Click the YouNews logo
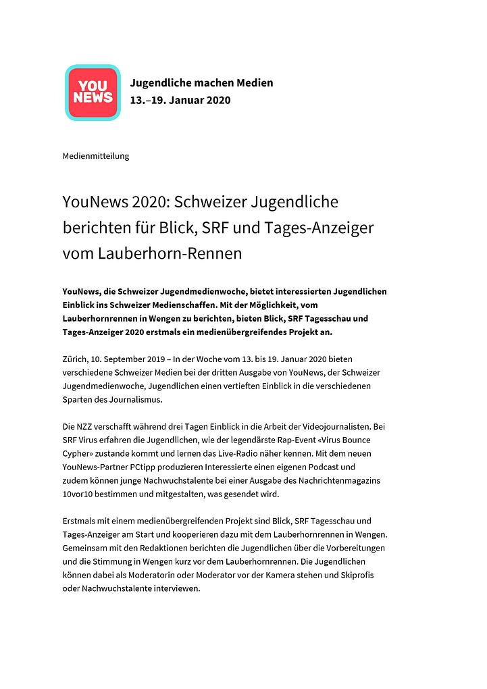92,93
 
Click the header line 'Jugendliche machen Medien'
201,83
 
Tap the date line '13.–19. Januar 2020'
180,101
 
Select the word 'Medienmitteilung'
95,156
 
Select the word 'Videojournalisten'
323,426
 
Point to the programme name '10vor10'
79,494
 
